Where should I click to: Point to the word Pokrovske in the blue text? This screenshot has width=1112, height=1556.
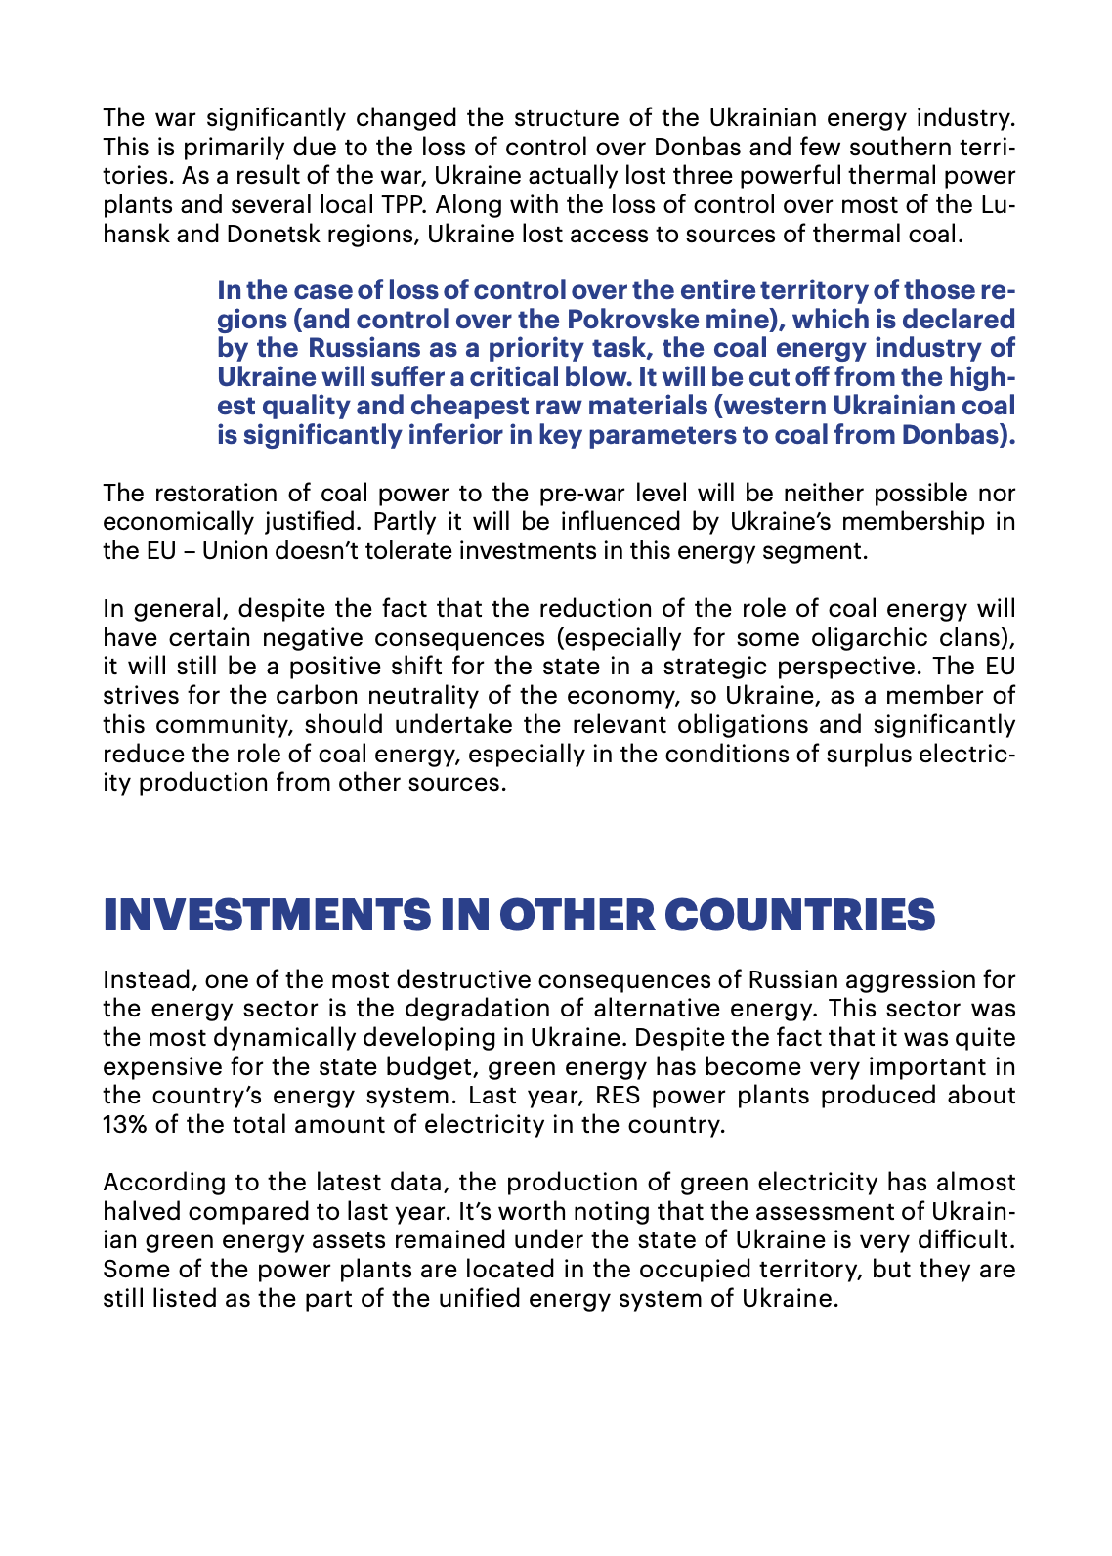633,319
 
